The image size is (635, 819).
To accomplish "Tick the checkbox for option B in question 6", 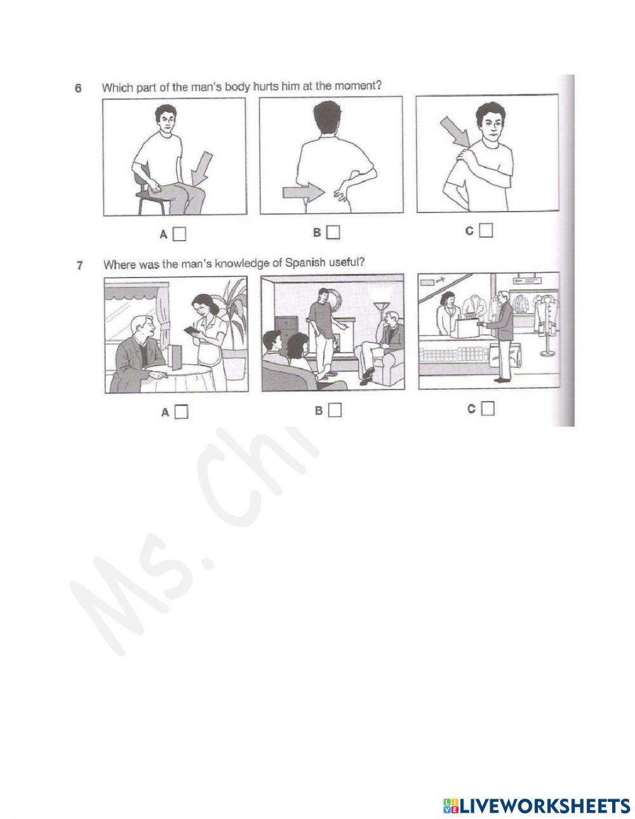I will pos(333,233).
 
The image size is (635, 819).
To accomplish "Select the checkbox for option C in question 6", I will pos(486,231).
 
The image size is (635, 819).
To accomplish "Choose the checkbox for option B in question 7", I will pos(335,410).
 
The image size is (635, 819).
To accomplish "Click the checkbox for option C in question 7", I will pos(488,409).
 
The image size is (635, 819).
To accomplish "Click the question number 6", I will pos(77,89).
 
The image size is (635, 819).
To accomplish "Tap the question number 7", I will pos(79,265).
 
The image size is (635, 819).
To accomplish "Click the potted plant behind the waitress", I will pos(236,311).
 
